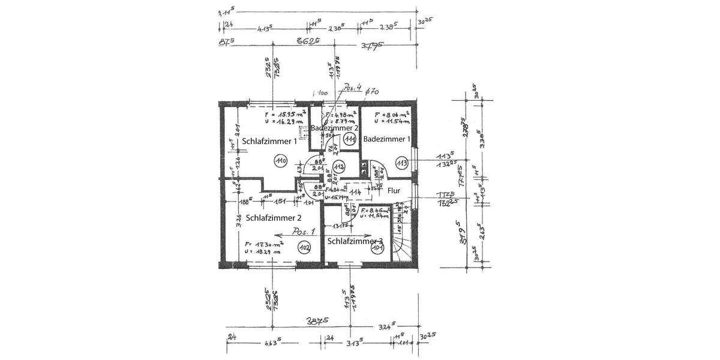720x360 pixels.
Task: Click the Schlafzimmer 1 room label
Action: click(270, 142)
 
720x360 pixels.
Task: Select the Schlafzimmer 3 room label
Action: click(355, 241)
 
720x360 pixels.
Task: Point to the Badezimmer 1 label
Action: click(388, 139)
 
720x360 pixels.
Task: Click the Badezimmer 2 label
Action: click(334, 128)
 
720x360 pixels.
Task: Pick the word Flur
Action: click(394, 191)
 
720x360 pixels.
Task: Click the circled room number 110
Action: click(280, 160)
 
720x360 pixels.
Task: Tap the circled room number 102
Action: click(304, 247)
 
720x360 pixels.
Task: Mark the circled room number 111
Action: click(351, 139)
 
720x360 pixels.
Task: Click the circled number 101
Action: click(377, 248)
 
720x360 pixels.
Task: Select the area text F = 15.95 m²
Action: click(285, 113)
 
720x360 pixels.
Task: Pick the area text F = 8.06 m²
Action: click(391, 113)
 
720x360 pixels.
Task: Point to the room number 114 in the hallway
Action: click(356, 191)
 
